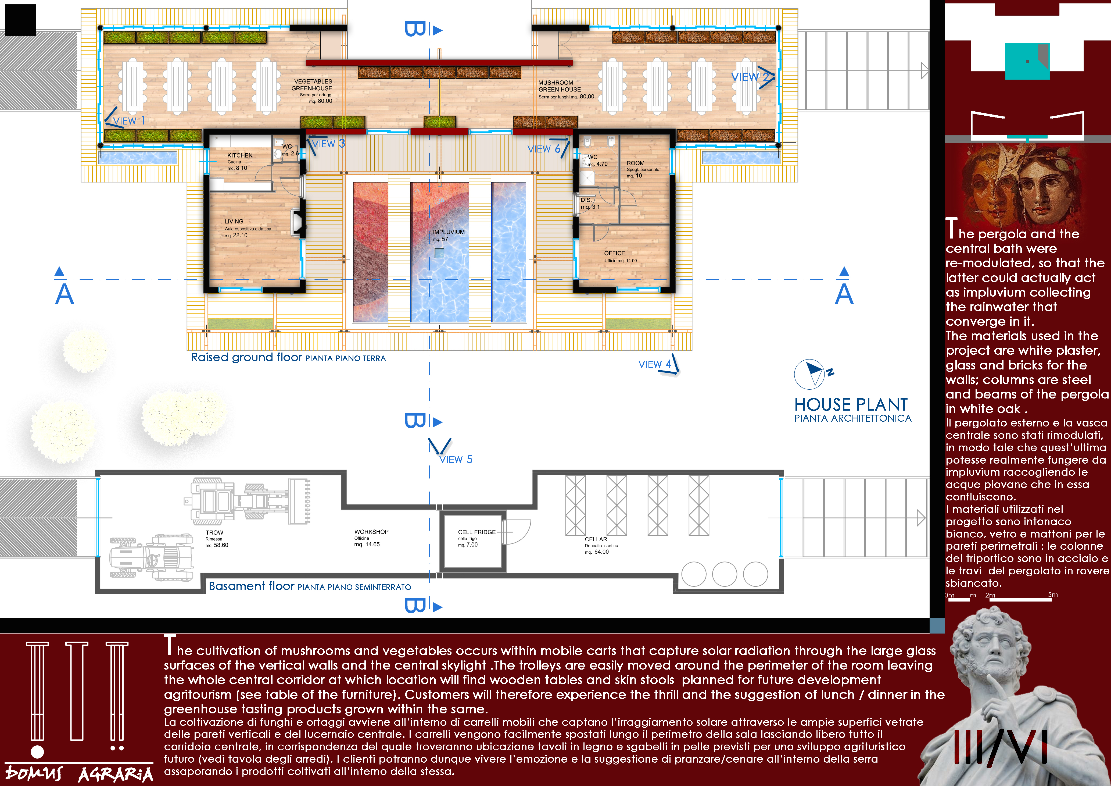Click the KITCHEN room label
240,155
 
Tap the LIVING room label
234,221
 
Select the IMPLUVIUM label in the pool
449,232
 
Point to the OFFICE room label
615,253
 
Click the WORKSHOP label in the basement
371,532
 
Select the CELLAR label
596,539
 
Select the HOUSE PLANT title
851,404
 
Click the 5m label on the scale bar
1052,595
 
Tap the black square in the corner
20,20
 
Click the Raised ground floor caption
288,357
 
